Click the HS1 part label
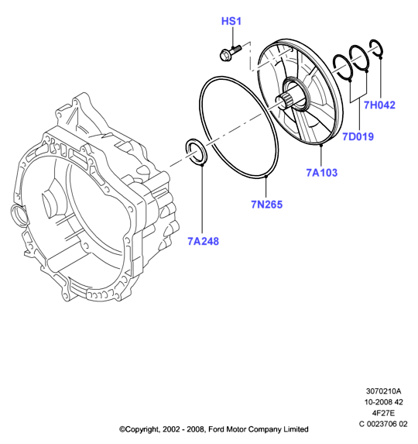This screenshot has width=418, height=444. [x=231, y=21]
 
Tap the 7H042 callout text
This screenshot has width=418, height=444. [x=379, y=105]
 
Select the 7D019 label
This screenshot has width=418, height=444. [x=358, y=137]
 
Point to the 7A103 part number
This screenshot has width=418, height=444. [x=322, y=173]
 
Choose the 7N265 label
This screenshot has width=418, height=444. [x=267, y=205]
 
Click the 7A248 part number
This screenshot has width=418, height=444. [x=203, y=241]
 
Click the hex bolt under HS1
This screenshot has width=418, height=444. [x=230, y=53]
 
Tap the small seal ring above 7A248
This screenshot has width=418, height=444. [x=197, y=152]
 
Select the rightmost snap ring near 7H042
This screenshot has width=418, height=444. [x=376, y=48]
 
